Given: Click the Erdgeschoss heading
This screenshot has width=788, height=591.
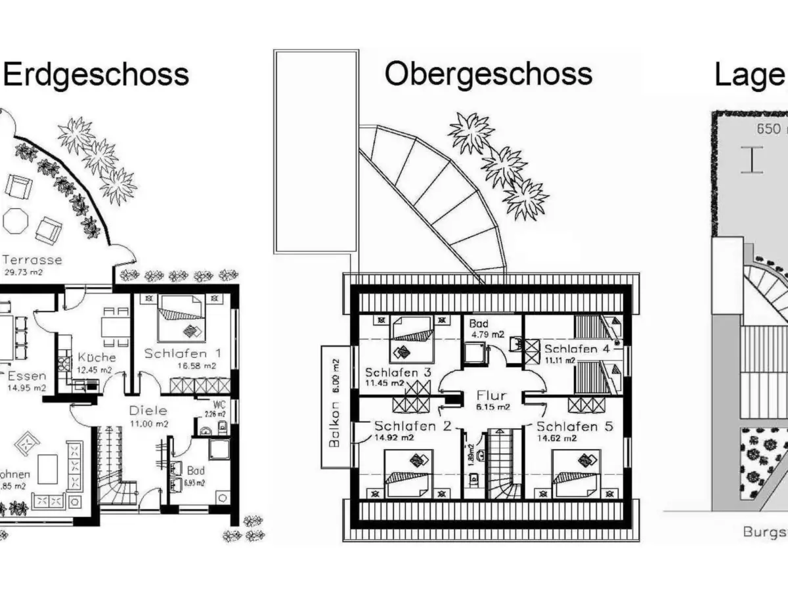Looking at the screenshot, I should tap(96, 74).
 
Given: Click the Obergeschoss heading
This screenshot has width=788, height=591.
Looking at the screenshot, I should tap(488, 74).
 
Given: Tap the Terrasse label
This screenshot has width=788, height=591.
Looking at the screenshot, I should tap(33, 260).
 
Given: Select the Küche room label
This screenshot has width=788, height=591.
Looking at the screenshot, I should tap(97, 357).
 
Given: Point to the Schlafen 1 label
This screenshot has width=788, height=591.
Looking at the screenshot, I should tap(183, 353).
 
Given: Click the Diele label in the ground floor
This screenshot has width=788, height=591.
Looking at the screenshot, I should tap(148, 410).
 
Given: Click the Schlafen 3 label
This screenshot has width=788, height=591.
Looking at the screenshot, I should tap(398, 372).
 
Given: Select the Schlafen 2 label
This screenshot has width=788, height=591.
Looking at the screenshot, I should tap(412, 426).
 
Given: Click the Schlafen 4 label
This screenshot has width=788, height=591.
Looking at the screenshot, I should tap(577, 348).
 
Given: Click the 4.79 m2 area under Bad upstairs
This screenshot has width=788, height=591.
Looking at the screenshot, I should tap(486, 334).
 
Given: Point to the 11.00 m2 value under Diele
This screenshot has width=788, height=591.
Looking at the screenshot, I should tap(148, 424).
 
